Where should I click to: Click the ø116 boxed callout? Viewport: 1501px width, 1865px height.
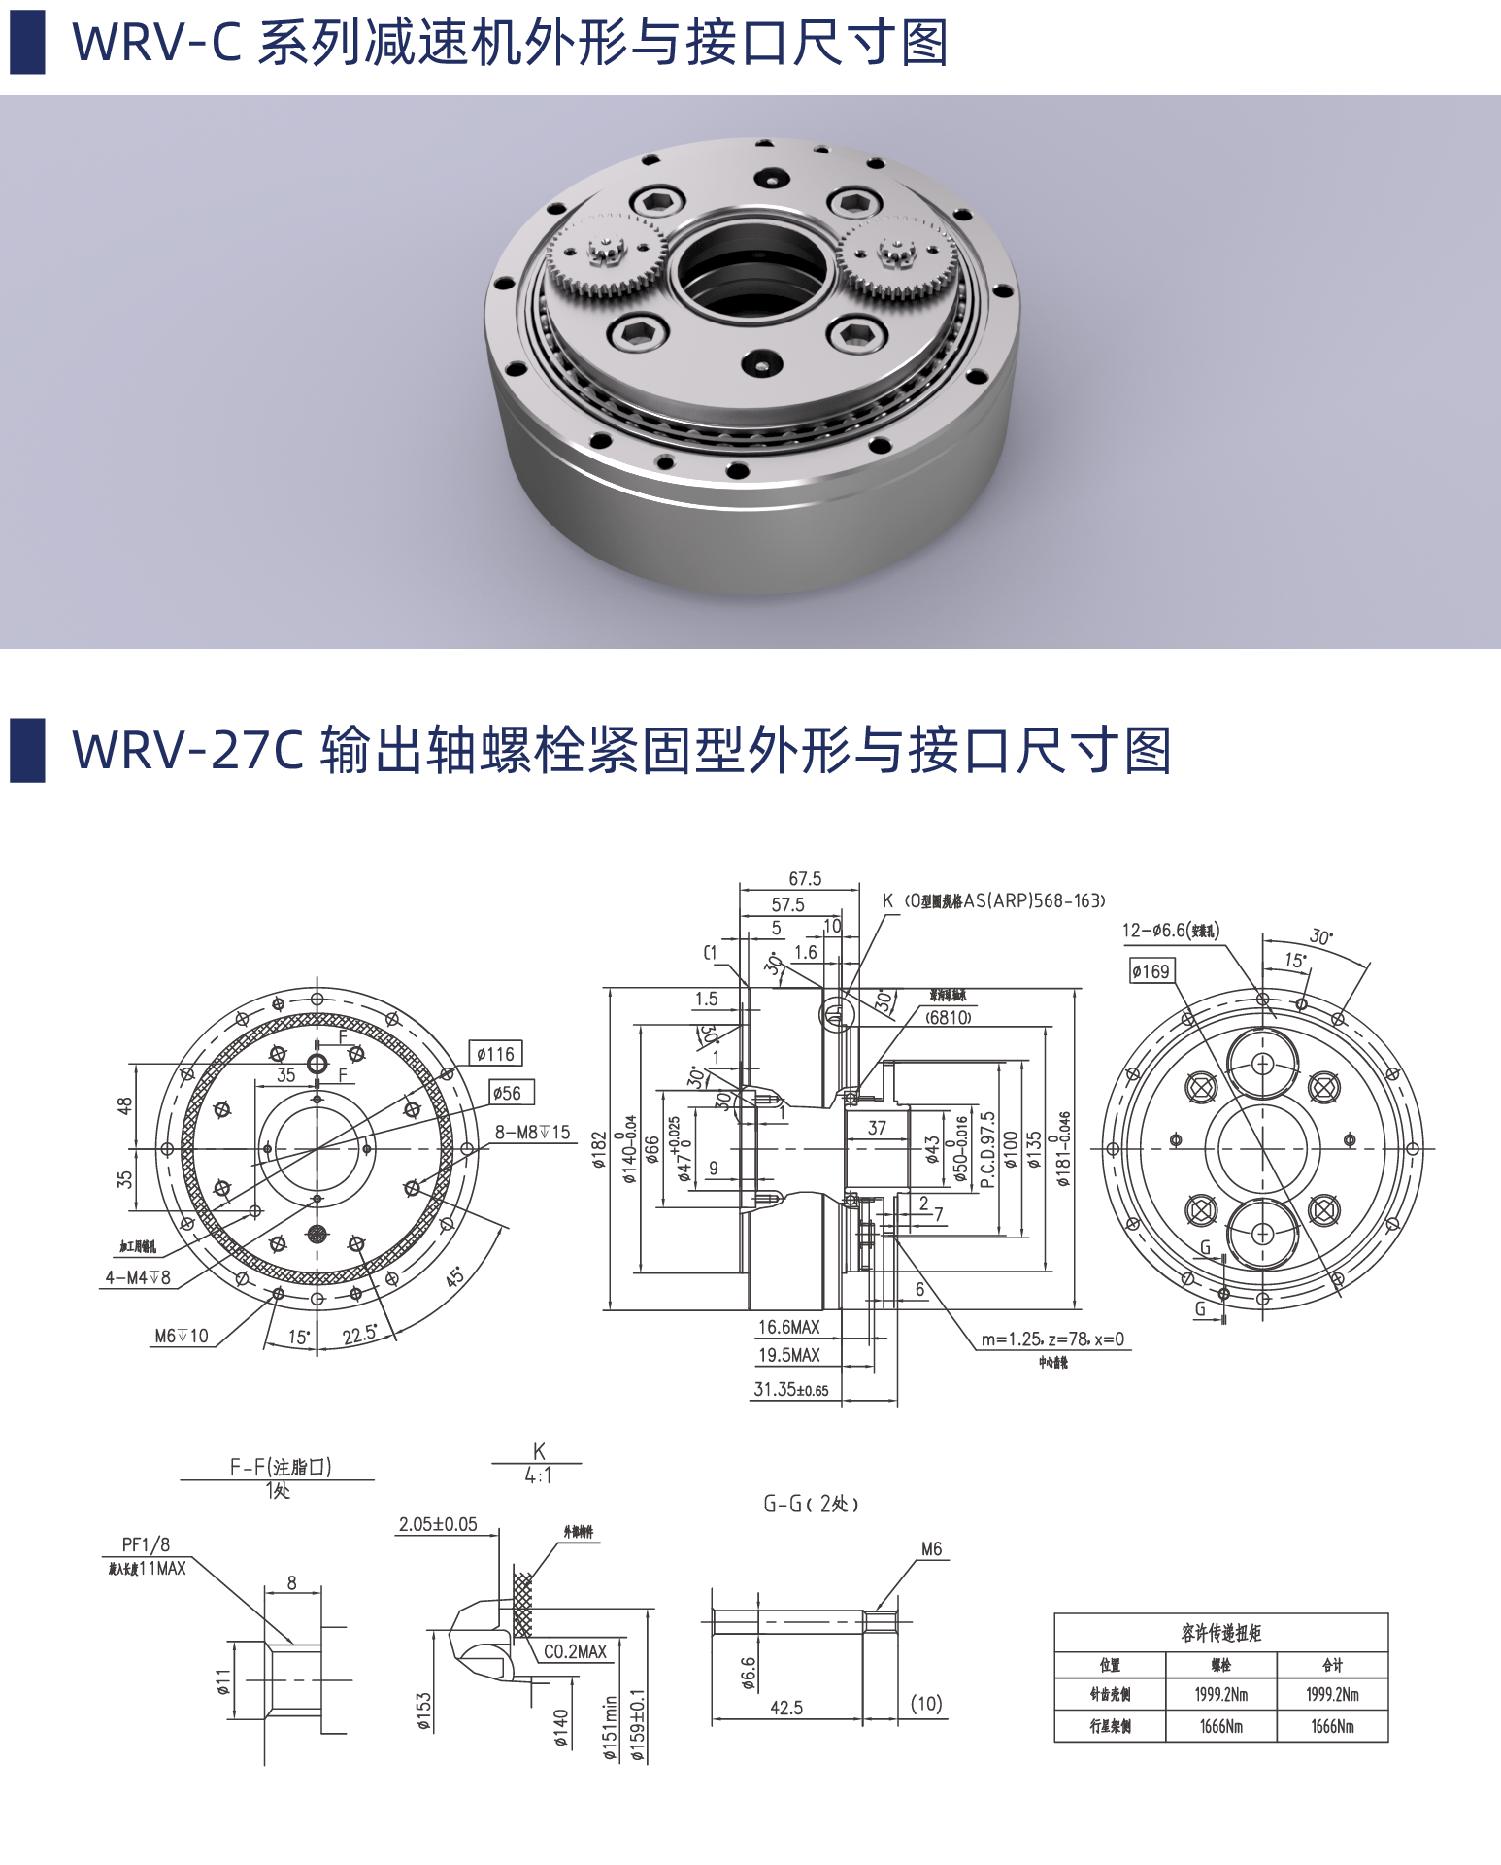(x=495, y=1054)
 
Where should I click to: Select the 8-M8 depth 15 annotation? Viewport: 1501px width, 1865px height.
(x=532, y=1133)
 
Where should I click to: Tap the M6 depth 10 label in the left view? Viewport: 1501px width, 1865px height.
(x=182, y=1336)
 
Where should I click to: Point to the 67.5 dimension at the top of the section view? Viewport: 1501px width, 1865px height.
(x=805, y=878)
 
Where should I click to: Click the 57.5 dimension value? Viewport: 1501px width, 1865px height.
(x=787, y=904)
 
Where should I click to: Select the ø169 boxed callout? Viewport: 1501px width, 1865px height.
(x=1151, y=971)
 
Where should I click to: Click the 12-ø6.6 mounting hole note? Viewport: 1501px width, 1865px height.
(x=1170, y=930)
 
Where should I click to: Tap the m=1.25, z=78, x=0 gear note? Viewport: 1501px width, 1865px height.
(x=1051, y=1339)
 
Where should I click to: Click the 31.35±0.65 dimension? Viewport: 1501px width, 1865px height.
(x=790, y=1389)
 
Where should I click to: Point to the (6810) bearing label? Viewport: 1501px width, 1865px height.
(x=948, y=1017)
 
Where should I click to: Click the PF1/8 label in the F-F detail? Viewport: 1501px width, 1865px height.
(x=146, y=1544)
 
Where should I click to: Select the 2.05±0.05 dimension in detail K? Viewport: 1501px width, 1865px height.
(x=438, y=1524)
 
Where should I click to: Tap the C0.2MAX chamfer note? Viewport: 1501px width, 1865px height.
(x=575, y=1651)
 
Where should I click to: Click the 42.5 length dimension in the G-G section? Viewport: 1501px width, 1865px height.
(x=785, y=1707)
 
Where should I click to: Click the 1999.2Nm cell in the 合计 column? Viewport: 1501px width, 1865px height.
(x=1332, y=1694)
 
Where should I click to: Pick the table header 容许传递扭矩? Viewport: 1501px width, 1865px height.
(x=1220, y=1633)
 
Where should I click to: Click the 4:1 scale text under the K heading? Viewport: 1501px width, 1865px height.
(x=538, y=1475)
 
